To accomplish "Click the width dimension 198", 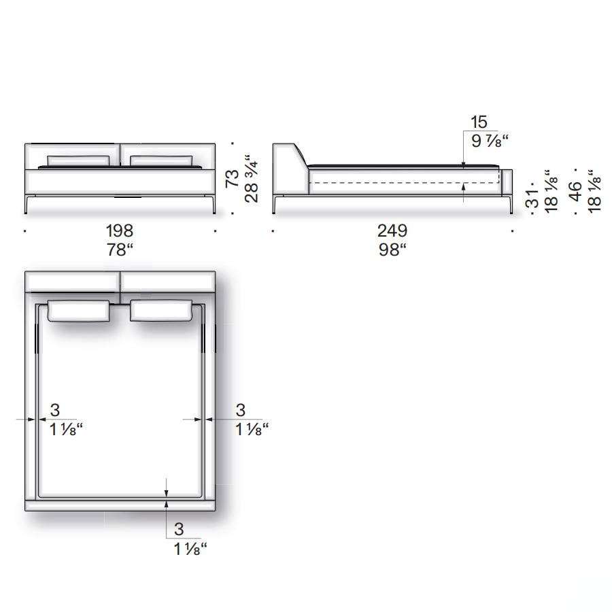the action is point(120,231).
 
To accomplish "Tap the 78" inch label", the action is point(120,250).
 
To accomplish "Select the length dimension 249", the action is point(392,231).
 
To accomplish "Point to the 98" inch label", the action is point(392,250).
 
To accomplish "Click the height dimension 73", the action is point(233,178).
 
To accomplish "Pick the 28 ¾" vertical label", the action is point(252,178).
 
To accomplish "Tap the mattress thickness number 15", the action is point(479,122).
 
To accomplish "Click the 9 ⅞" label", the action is point(490,141).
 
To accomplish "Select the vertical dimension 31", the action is point(532,199).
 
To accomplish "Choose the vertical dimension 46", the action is point(576,191).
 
